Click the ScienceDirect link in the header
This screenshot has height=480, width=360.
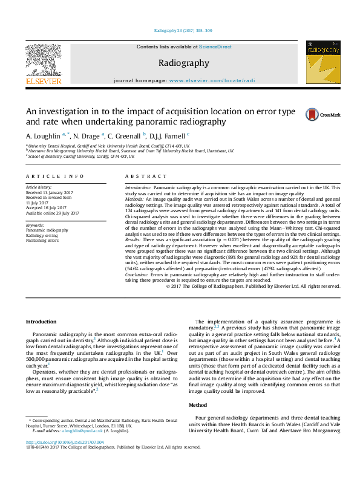[x=215, y=47]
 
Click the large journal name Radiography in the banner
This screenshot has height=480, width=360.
[x=183, y=63]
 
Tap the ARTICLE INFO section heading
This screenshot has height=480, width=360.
[x=54, y=176]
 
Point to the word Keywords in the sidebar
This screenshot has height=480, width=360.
[x=35, y=225]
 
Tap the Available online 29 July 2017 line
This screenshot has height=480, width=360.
[x=53, y=212]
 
